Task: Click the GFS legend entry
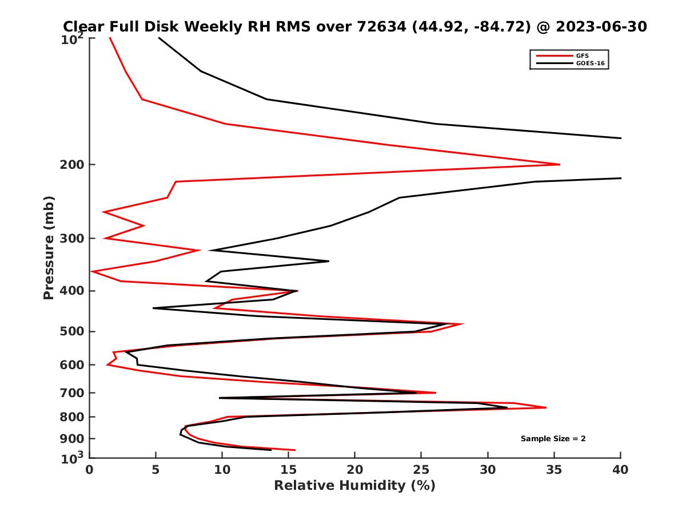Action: (x=581, y=56)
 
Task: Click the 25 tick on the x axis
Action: (x=421, y=470)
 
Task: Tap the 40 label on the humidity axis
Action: (x=620, y=470)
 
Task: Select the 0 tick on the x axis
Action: (x=90, y=470)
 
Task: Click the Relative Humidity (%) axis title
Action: (x=354, y=486)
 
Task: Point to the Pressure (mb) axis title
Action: (x=49, y=247)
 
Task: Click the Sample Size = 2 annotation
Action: (x=553, y=439)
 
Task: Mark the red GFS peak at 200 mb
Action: (x=560, y=164)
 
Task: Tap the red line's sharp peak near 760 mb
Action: (x=546, y=407)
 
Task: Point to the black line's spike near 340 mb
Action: (x=329, y=261)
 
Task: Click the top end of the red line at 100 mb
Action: (x=110, y=38)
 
